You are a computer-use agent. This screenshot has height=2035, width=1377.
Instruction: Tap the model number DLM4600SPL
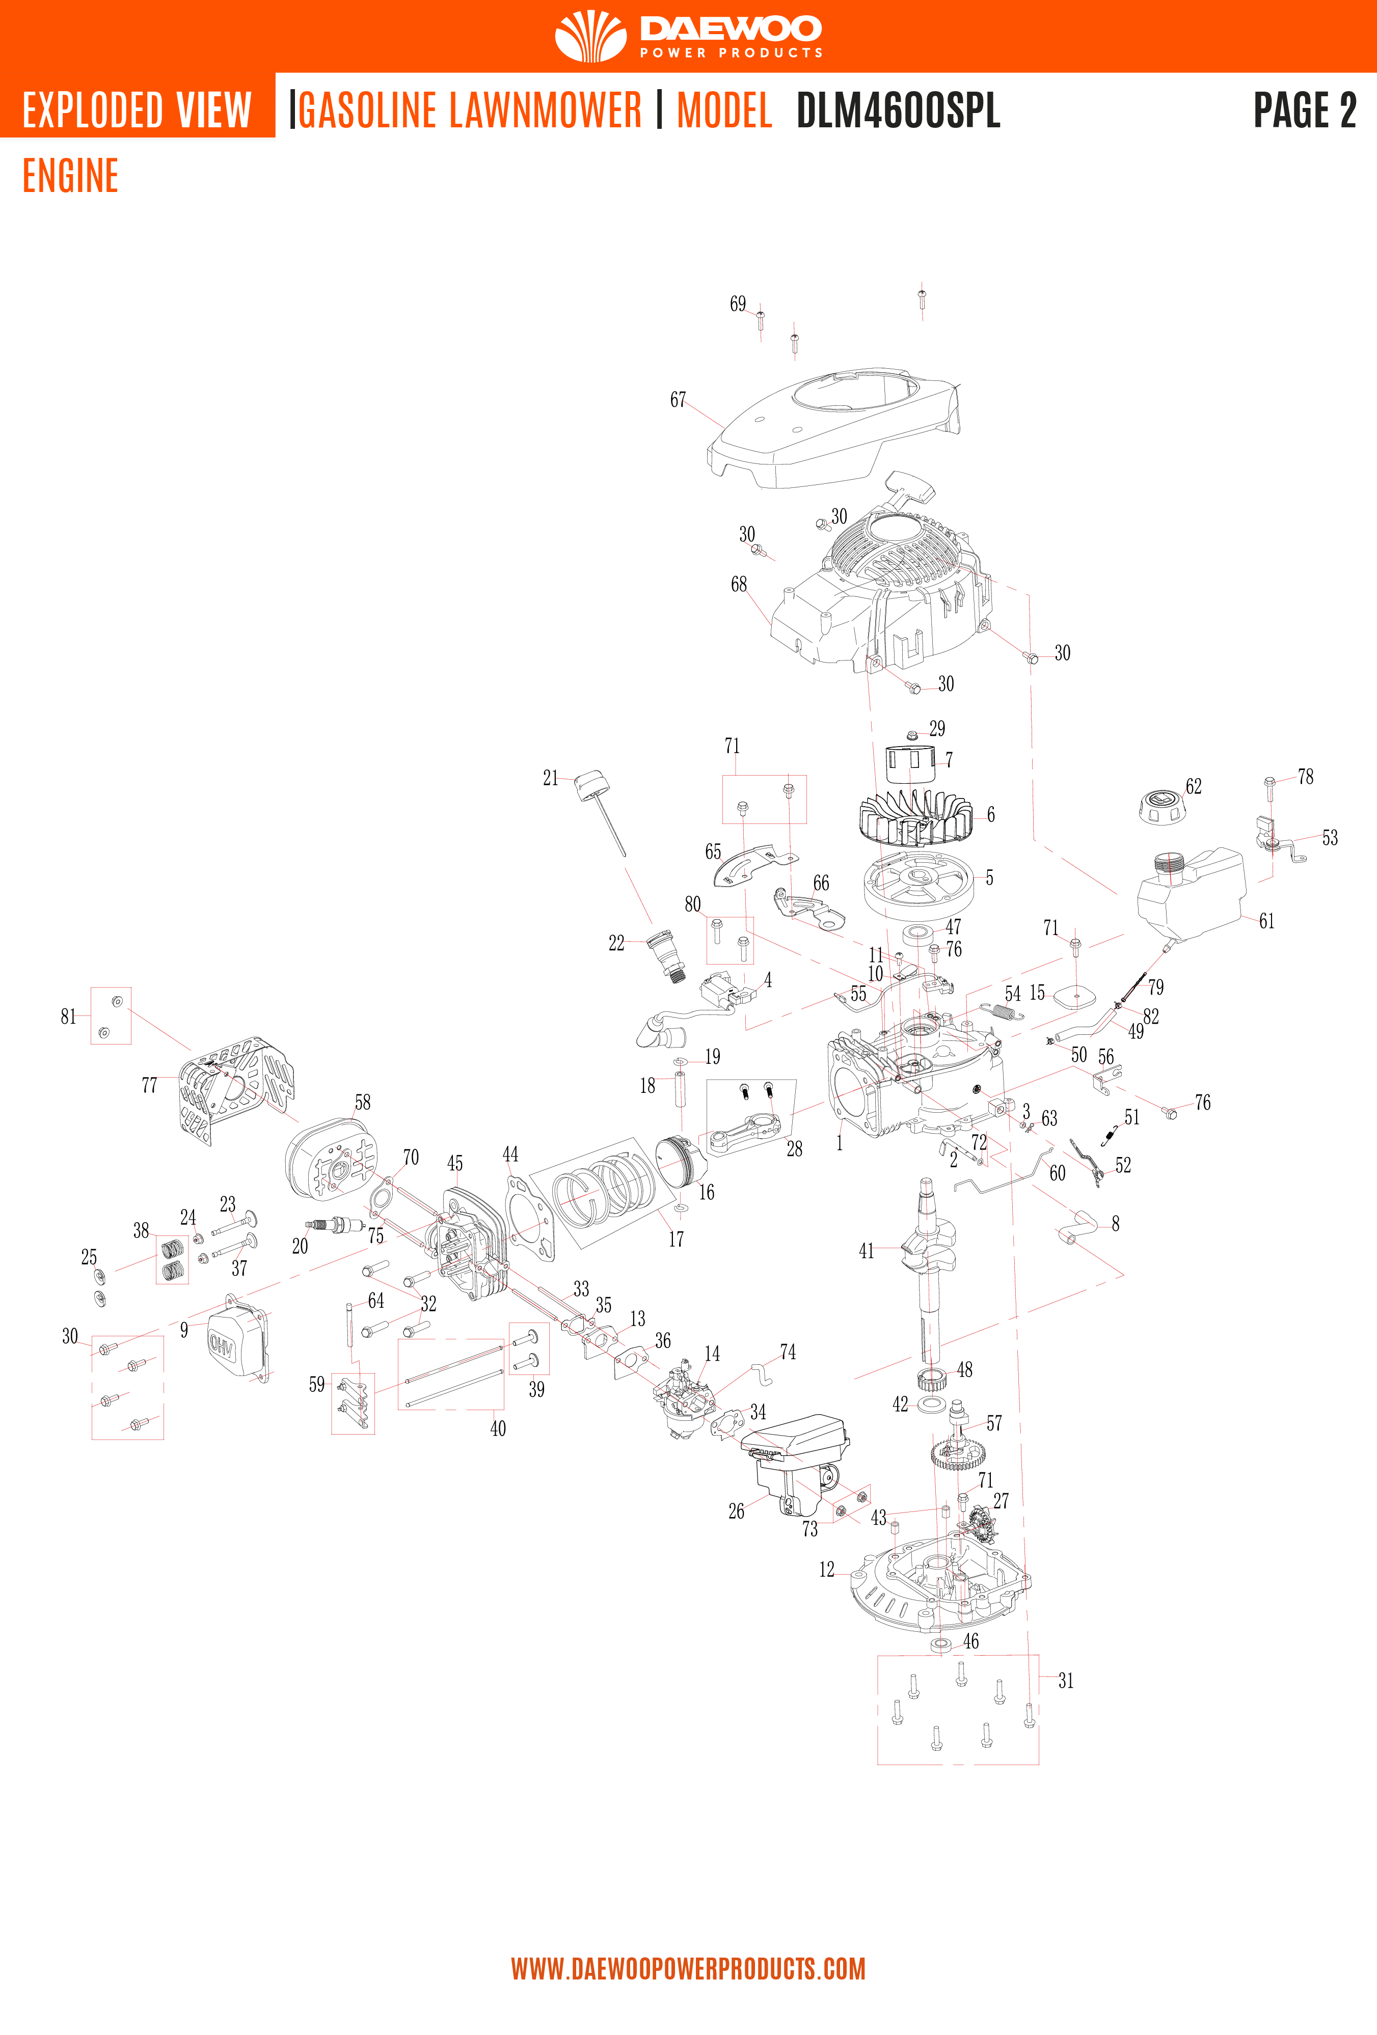[898, 111]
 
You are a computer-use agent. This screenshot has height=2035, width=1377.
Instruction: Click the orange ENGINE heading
[70, 176]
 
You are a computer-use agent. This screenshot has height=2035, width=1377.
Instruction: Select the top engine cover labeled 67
[832, 429]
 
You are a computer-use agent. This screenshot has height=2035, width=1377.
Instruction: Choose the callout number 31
[1065, 1681]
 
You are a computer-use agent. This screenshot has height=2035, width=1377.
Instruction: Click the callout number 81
[68, 1016]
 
